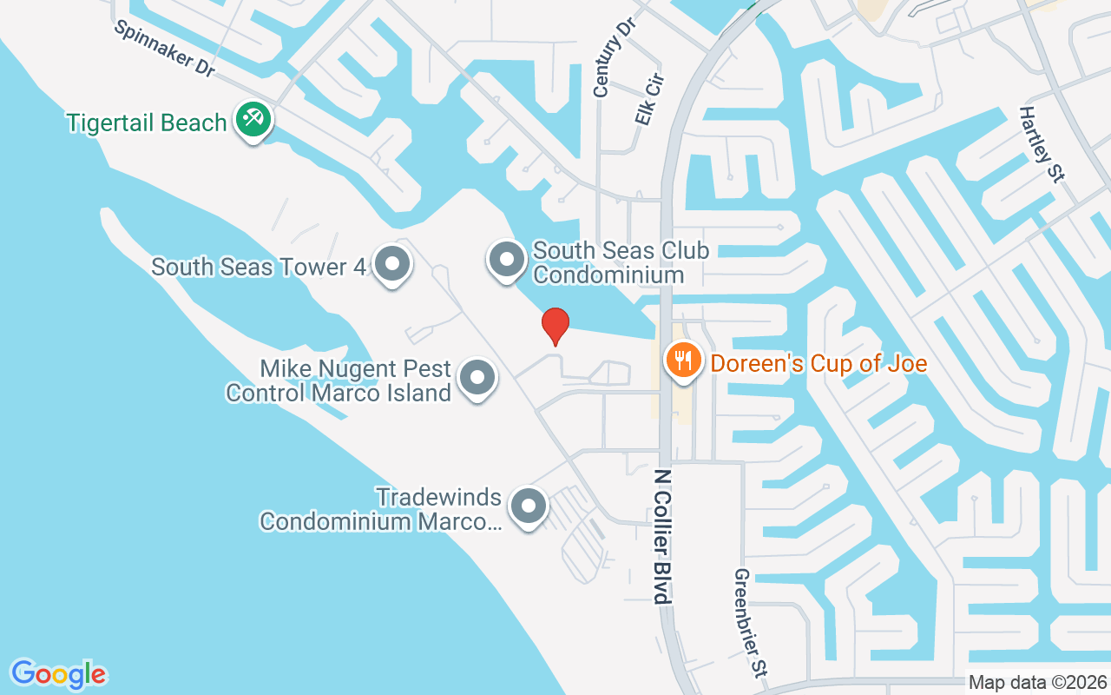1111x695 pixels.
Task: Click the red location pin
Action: tap(555, 326)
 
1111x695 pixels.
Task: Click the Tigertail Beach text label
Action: tap(148, 122)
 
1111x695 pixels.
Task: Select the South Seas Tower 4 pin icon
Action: tap(392, 262)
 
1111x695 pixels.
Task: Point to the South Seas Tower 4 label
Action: tap(259, 266)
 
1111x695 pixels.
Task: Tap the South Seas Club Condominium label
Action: tap(621, 262)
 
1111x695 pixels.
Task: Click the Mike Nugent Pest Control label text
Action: tap(339, 381)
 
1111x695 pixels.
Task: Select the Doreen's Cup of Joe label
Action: tap(818, 363)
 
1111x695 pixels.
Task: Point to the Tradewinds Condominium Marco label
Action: tap(381, 509)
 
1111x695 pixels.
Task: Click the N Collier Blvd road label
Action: tap(663, 536)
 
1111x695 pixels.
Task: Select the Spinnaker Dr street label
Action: tap(165, 50)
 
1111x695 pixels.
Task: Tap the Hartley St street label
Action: tap(1042, 144)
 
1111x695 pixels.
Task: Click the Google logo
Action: tap(58, 674)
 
